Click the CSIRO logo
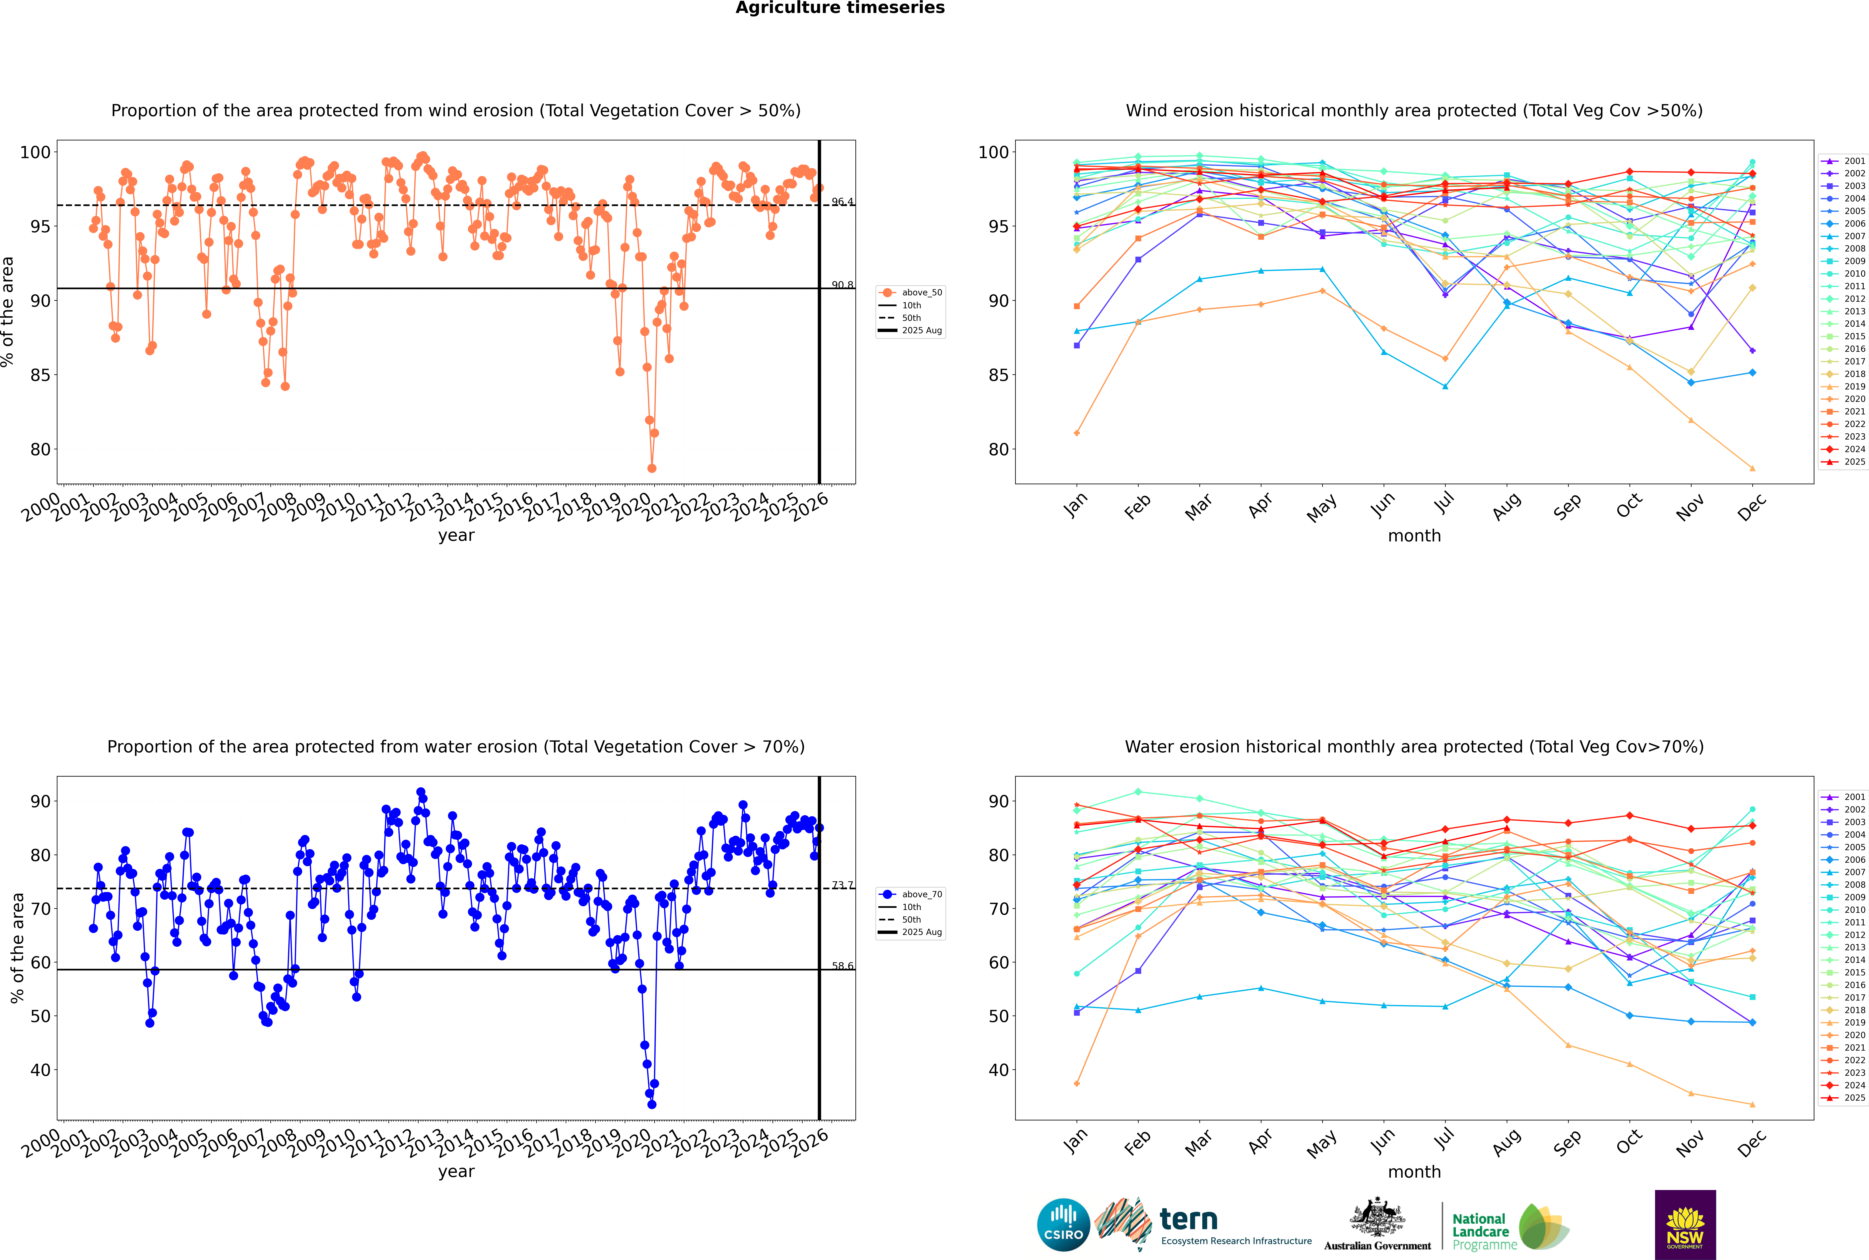[1063, 1225]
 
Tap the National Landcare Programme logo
[1509, 1226]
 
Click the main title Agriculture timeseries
[840, 8]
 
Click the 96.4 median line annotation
[842, 202]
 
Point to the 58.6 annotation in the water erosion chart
[842, 966]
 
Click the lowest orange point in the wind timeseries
[652, 468]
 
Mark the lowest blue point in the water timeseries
[652, 1104]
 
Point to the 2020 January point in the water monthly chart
[1077, 1083]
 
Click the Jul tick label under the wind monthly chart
[1444, 504]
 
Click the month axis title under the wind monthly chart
[1414, 536]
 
